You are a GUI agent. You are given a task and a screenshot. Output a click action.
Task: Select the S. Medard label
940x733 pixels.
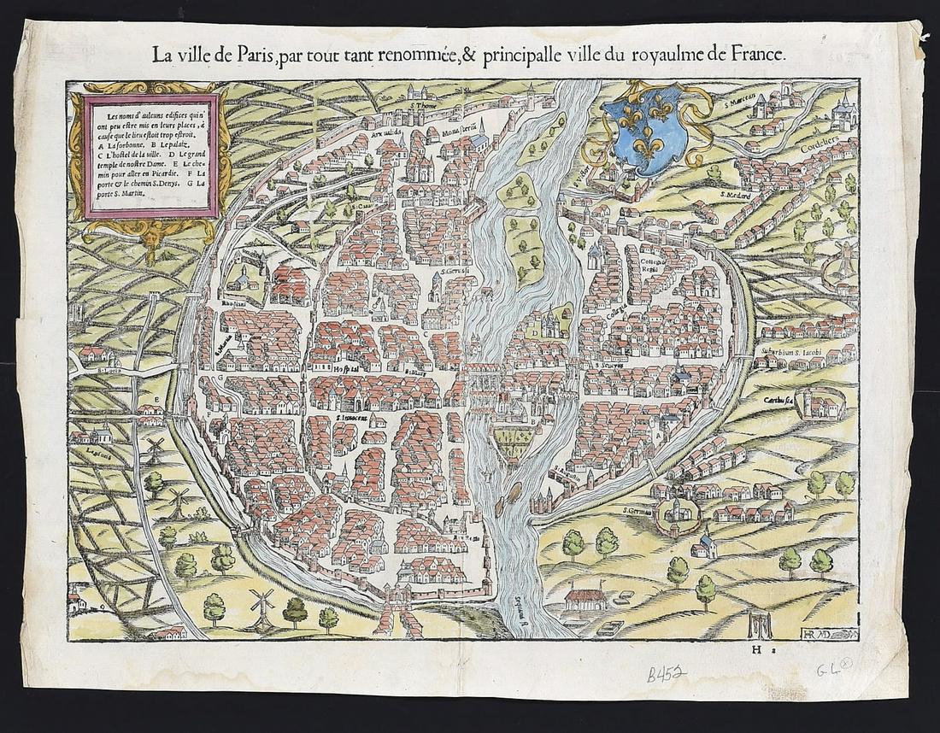736,195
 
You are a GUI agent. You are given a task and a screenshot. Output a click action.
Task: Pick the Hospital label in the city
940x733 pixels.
345,368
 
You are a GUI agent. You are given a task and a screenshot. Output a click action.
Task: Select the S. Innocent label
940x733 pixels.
357,419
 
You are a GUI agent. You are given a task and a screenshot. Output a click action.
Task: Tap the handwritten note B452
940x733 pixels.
666,674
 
